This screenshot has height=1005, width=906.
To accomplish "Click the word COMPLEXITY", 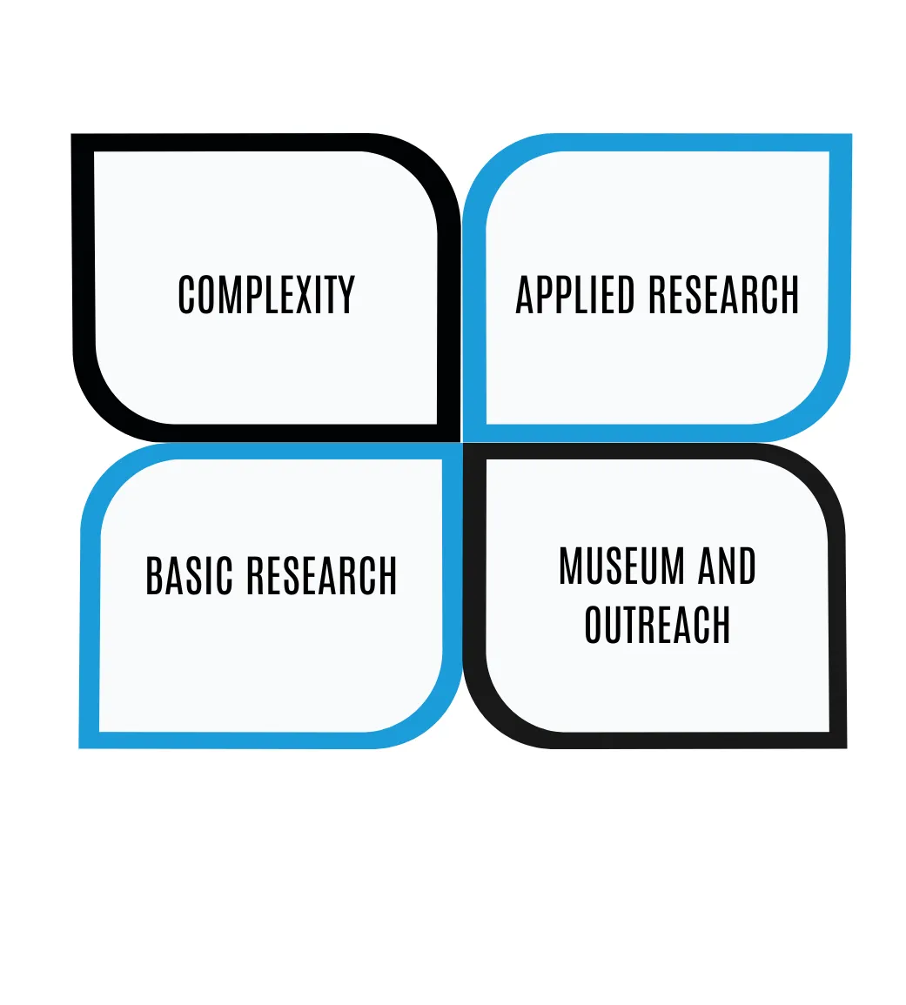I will pos(266,295).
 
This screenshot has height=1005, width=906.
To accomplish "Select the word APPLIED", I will pos(575,295).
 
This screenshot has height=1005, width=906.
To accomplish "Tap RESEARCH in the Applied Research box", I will pos(723,295).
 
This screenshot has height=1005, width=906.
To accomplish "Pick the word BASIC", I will pos(189,576).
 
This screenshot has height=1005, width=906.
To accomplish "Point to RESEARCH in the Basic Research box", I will pos(321,576).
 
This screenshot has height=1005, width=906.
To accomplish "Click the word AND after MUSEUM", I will pos(728,566).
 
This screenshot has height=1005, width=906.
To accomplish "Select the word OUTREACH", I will pos(657,625).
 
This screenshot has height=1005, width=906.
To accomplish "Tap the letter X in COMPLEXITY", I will pos(304,295).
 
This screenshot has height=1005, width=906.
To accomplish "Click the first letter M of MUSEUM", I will pos(570,566).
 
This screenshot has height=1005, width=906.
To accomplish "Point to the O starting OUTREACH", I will pos(594,625).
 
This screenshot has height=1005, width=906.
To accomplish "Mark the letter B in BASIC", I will pos(155,576).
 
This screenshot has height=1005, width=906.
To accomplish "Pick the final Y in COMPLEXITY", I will pos(346,295).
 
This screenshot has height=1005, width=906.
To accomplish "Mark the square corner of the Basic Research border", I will pos(90,739).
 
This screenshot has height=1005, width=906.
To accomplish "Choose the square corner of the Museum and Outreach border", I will pos(837,739).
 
